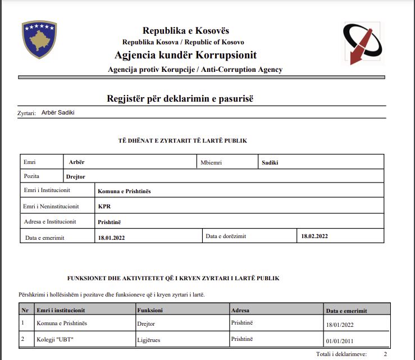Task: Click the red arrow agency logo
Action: pos(362,43)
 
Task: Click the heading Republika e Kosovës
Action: pos(185,31)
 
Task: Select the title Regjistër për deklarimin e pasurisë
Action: pos(180,99)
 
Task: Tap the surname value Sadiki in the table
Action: pos(270,162)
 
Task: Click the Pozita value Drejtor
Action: pos(75,176)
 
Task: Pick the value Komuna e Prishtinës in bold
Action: pos(124,191)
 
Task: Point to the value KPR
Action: pos(104,206)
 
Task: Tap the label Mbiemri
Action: pos(211,162)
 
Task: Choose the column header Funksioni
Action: pos(150,310)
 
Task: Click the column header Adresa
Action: pos(240,310)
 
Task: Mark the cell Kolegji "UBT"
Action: pos(56,340)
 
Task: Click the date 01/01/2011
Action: pos(340,340)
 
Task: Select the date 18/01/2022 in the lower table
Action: pos(340,325)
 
